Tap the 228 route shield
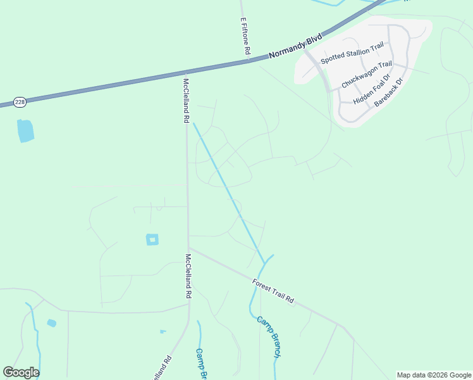(x=18, y=101)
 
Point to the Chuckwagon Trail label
(x=367, y=74)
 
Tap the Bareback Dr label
(x=388, y=92)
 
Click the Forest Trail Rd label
(x=273, y=291)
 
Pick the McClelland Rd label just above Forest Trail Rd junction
(x=188, y=276)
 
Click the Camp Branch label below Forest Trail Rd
(x=268, y=336)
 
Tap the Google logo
(x=21, y=372)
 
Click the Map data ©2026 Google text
(x=434, y=375)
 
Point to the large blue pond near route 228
(x=25, y=130)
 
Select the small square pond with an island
(x=152, y=239)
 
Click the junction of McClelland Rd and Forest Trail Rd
(x=188, y=248)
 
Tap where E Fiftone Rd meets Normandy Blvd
(x=247, y=61)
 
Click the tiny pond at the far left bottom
(x=51, y=323)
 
